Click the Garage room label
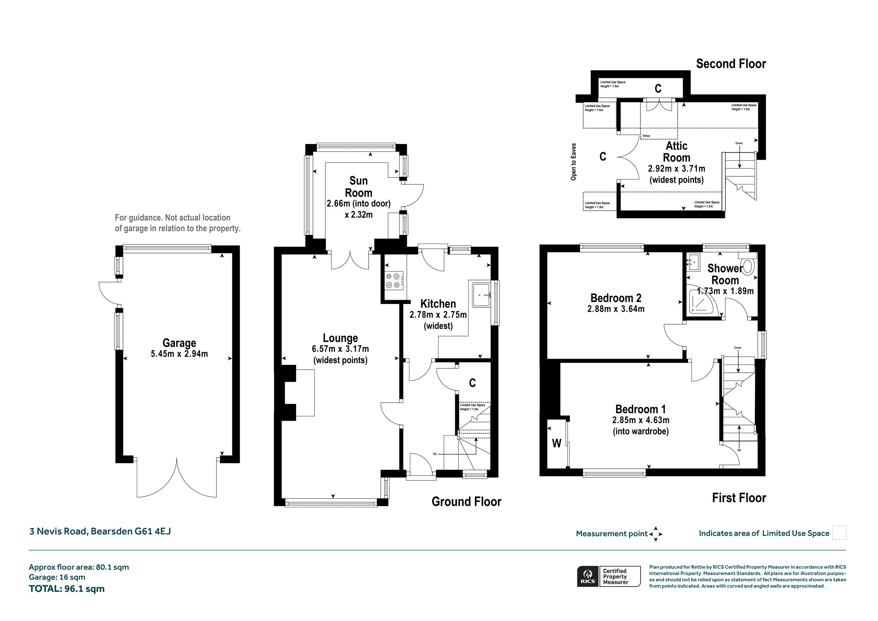coord(179,343)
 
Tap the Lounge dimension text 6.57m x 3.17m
coord(340,349)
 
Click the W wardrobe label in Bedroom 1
coord(556,443)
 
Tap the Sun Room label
coord(358,187)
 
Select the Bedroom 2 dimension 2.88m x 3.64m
coord(616,309)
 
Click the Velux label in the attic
coord(646,136)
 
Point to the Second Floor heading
coord(731,64)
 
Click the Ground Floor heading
coord(466,502)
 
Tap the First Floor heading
coord(739,498)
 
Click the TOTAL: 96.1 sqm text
coord(66,589)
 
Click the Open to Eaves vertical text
coord(574,162)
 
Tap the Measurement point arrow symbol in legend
coord(656,534)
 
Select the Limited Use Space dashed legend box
coord(839,533)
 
